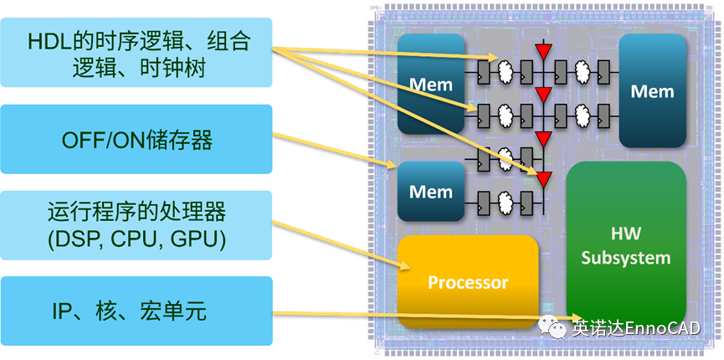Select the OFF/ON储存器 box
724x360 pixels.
(x=137, y=139)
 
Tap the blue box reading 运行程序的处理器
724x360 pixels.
(x=137, y=226)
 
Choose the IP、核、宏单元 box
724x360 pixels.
(x=137, y=312)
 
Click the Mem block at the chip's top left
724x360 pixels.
(x=430, y=84)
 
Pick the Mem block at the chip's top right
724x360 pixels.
(x=652, y=90)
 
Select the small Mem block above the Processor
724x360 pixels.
(x=430, y=191)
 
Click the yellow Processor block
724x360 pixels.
(x=468, y=282)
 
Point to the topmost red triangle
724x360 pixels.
(x=544, y=52)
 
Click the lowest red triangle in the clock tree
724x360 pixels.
(x=544, y=178)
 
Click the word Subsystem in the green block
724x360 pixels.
(x=626, y=258)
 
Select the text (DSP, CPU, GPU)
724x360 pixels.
(x=137, y=240)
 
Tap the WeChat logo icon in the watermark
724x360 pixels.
(x=555, y=327)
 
